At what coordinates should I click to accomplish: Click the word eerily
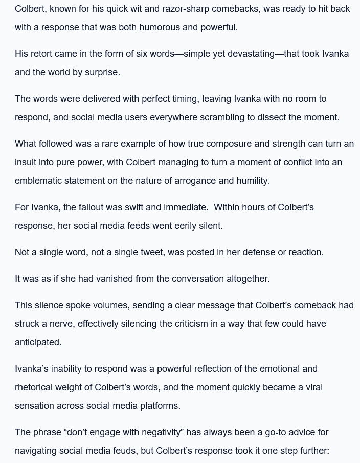(185, 226)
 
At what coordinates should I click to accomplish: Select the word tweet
(153, 252)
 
